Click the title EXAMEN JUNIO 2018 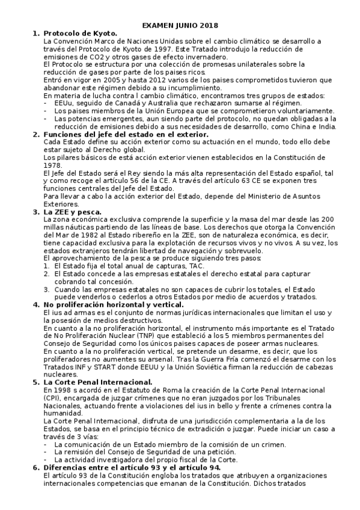(x=180, y=25)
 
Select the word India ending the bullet (x=325, y=127)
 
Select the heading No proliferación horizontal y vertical (x=115, y=305)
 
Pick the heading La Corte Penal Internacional (x=99, y=383)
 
